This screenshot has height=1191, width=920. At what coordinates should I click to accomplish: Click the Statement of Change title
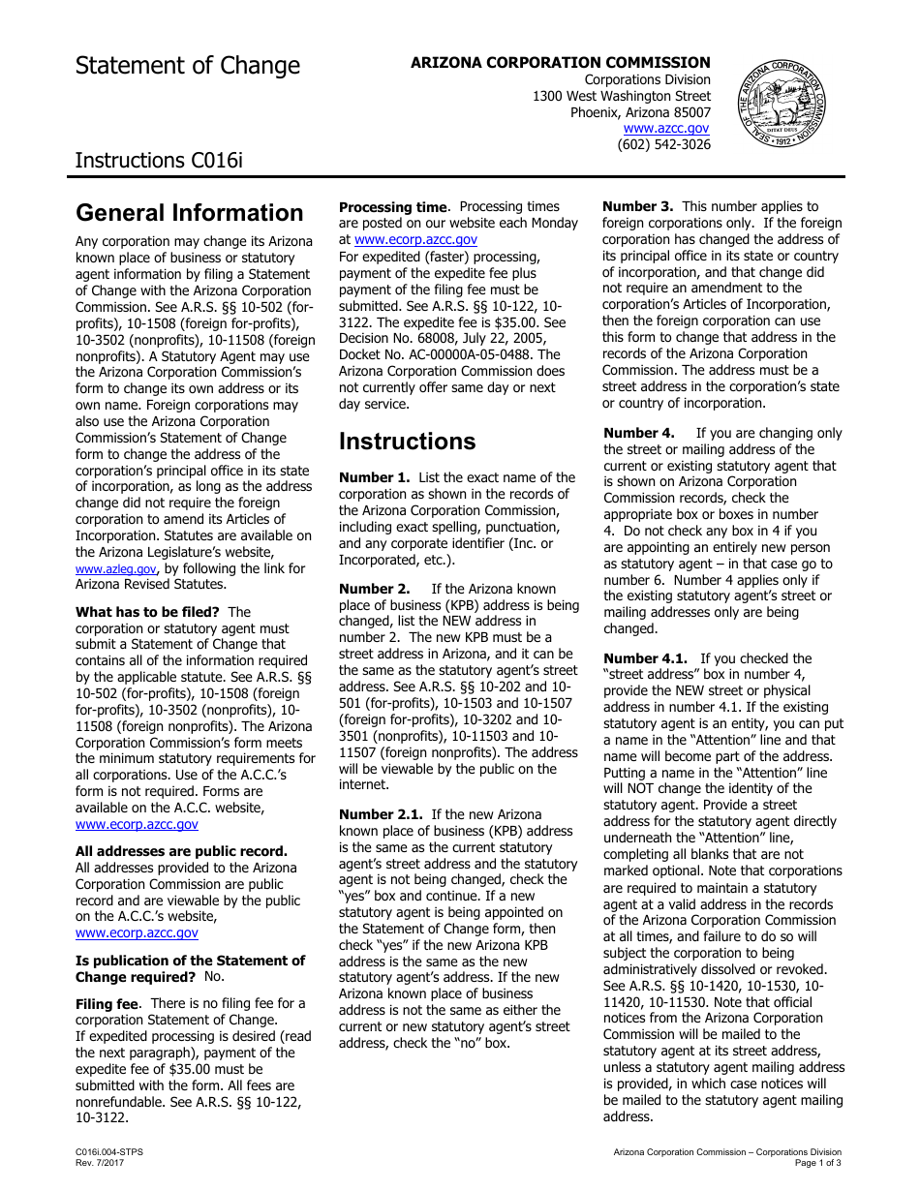pos(188,66)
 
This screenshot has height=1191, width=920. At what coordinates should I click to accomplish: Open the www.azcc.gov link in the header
pos(665,128)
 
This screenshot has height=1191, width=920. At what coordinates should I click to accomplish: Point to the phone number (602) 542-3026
pos(663,144)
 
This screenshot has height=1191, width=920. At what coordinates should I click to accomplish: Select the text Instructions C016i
pos(159,160)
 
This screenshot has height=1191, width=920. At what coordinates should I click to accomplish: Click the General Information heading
pos(190,213)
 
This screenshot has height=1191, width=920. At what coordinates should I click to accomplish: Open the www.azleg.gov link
pos(115,569)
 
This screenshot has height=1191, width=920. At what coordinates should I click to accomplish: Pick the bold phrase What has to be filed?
pos(147,612)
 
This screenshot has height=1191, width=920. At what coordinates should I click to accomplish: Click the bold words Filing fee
pos(107,1004)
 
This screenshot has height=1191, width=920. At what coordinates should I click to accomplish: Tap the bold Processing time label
pos(393,207)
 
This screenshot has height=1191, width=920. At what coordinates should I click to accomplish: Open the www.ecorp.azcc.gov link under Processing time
pos(415,239)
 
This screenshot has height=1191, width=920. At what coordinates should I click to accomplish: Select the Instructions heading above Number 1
pos(407,442)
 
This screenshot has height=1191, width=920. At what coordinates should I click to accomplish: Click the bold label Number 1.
pos(374,478)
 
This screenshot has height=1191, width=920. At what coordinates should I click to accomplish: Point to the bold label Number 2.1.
pos(381,815)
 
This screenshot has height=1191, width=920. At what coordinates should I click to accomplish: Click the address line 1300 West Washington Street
pos(621,97)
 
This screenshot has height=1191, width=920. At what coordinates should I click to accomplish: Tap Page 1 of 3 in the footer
pos(817,1162)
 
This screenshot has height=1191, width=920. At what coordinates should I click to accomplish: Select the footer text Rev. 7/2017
pos(100,1162)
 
